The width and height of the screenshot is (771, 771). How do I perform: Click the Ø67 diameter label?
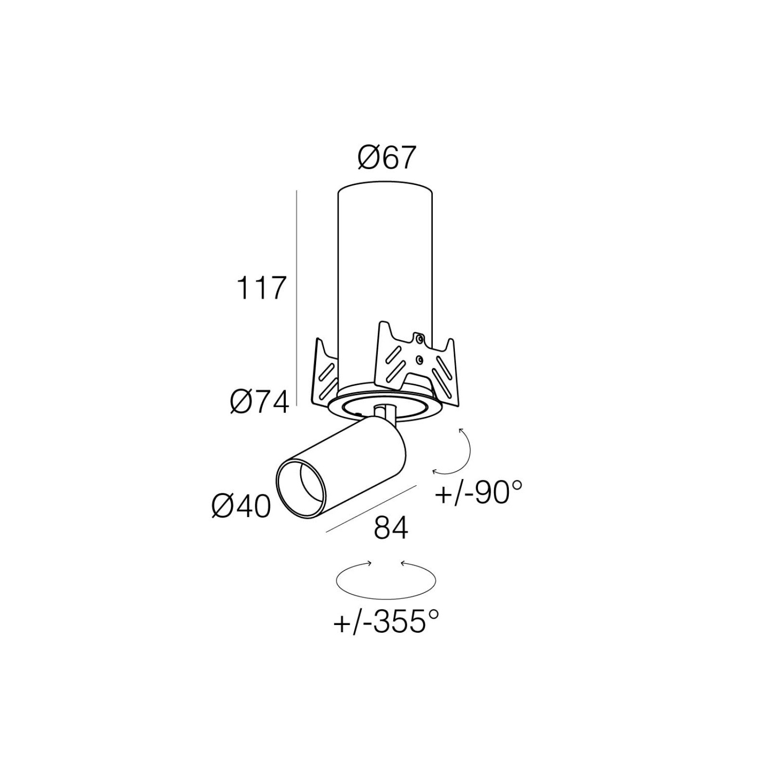[x=386, y=158]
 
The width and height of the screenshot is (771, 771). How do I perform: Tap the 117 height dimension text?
[x=261, y=289]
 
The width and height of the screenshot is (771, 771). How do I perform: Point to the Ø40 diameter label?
[x=241, y=506]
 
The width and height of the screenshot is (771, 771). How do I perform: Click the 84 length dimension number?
[x=391, y=528]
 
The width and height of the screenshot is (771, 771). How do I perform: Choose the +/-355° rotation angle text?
[x=386, y=621]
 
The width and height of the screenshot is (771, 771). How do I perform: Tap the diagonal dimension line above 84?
[x=371, y=509]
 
